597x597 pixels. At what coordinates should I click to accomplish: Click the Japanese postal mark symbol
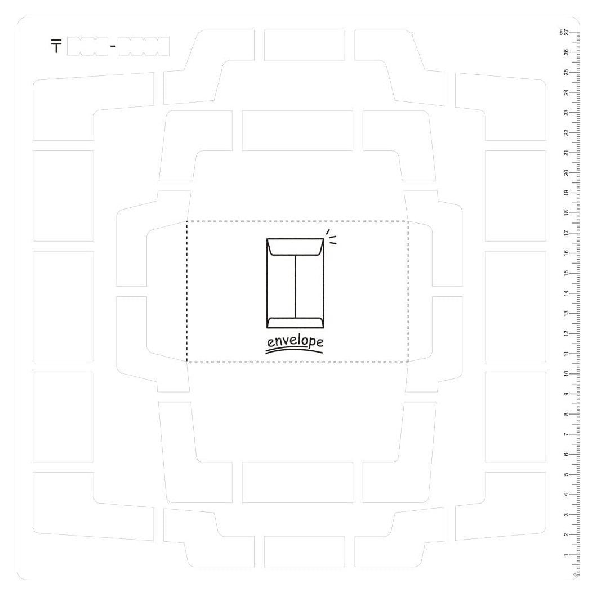click(x=56, y=46)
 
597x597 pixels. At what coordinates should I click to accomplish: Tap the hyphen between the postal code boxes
click(x=113, y=46)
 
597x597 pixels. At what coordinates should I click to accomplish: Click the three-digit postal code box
click(x=87, y=46)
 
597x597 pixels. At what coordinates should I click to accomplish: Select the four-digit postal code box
click(x=144, y=46)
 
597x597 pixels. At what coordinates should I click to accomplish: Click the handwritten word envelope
click(x=295, y=341)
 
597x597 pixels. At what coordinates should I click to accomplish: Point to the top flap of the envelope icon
click(x=295, y=247)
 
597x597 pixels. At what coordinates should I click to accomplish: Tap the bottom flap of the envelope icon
click(x=295, y=323)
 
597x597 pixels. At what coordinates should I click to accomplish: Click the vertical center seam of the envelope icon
click(x=295, y=286)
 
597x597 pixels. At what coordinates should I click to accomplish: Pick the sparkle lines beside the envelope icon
click(x=331, y=236)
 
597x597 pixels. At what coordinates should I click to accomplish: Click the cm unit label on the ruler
click(x=561, y=32)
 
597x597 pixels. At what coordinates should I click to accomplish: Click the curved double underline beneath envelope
click(x=294, y=350)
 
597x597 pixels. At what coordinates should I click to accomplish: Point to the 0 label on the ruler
click(x=574, y=574)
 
